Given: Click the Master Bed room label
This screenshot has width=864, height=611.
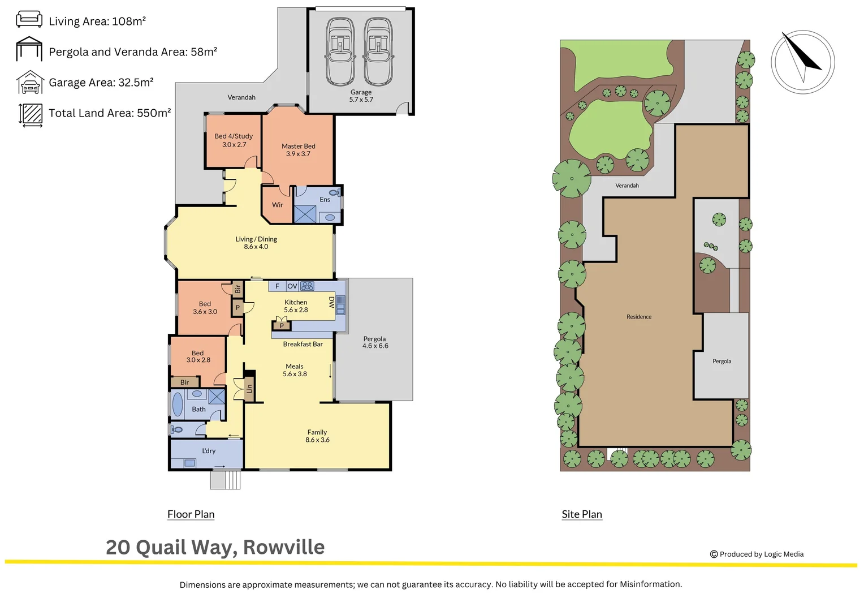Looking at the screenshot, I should (x=298, y=146).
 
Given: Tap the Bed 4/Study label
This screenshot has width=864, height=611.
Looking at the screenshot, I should (x=234, y=136).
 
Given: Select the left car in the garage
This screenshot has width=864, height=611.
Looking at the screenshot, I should (x=340, y=51).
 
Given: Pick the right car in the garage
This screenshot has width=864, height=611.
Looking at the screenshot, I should (x=378, y=51).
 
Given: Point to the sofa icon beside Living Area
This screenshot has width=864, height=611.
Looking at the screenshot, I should (x=29, y=19).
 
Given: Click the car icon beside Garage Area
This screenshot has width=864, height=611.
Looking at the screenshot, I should (x=30, y=83).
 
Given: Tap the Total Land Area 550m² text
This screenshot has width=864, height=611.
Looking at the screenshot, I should (x=110, y=113).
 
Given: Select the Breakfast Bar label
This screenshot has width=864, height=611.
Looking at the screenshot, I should (x=303, y=344).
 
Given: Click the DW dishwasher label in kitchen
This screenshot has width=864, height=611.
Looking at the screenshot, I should (x=332, y=302).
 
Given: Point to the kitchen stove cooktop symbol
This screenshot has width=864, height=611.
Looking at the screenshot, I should (x=307, y=286).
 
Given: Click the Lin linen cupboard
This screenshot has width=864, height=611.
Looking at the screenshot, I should (x=249, y=388).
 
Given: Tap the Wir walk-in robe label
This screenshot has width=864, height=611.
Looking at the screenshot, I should (x=277, y=205).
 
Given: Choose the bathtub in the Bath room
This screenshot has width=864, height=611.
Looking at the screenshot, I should (x=178, y=405).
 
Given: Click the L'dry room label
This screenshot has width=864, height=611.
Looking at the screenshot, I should (x=209, y=451).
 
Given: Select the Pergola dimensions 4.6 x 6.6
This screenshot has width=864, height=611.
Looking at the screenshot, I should (x=375, y=346).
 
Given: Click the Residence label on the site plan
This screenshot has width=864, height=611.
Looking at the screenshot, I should (x=638, y=317).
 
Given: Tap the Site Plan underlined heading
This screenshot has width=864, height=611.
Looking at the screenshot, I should (x=581, y=514).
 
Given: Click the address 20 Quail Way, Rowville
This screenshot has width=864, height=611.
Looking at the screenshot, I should (x=215, y=548).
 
